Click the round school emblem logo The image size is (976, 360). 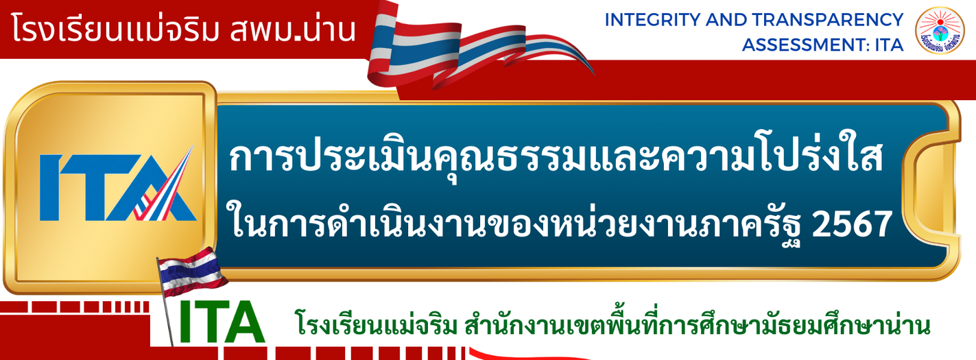[939, 30]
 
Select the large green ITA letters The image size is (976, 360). [222, 322]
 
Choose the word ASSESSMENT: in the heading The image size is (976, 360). [806, 45]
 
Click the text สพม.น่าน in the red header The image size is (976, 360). [293, 29]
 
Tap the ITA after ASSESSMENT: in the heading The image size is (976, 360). [889, 45]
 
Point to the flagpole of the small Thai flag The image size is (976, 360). [165, 302]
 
